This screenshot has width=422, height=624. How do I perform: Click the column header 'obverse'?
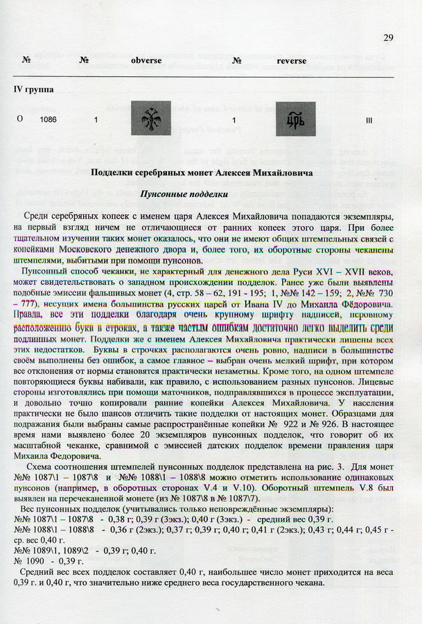coord(146,60)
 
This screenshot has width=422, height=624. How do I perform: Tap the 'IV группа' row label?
coord(34,89)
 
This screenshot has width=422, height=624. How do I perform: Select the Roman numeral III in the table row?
coord(369,120)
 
